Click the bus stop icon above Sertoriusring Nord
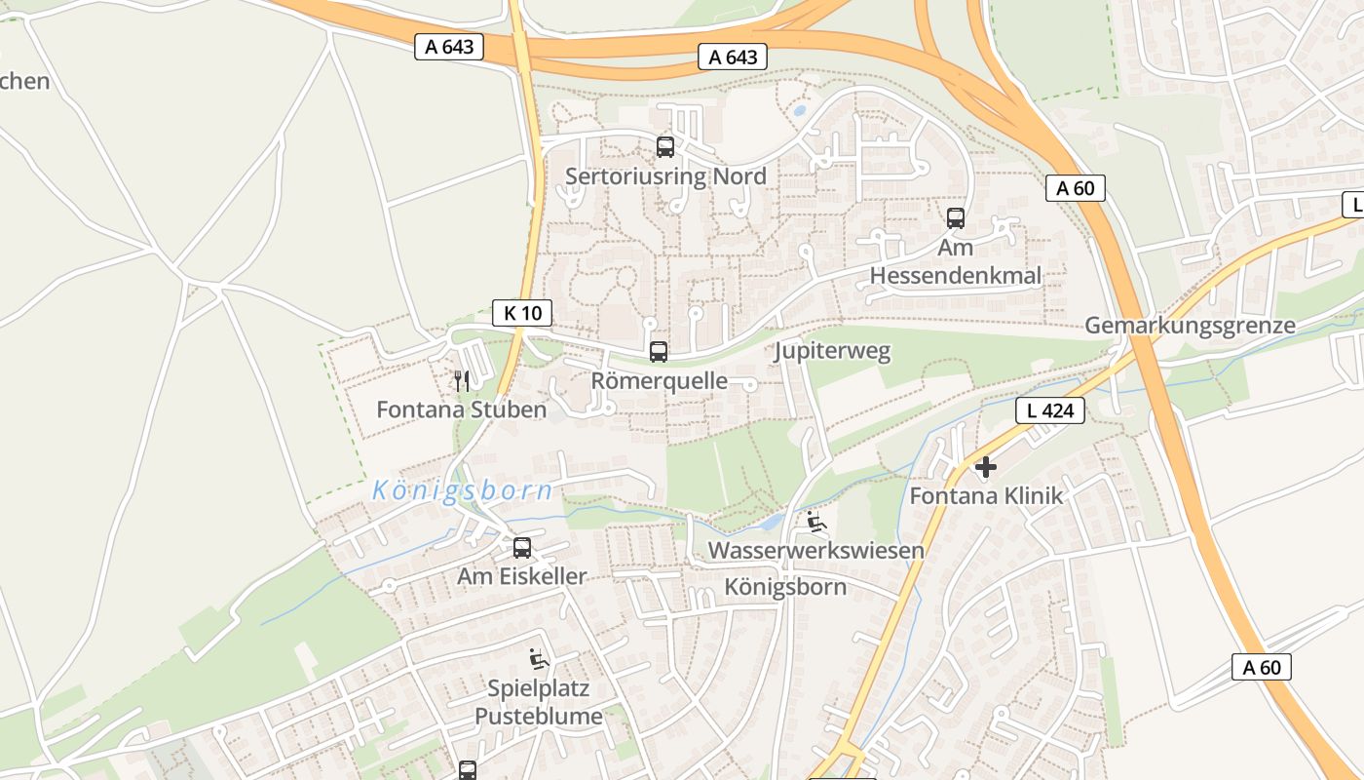(665, 147)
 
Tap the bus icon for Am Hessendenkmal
(956, 218)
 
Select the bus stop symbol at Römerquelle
(659, 352)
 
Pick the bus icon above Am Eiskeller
(522, 548)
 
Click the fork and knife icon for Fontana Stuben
(462, 380)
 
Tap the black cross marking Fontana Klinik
(986, 468)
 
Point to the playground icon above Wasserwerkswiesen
(816, 523)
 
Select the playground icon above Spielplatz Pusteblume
(539, 659)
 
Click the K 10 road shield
(522, 313)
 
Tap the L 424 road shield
(1050, 410)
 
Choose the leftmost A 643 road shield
(449, 46)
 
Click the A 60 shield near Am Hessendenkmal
(1076, 188)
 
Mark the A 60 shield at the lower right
(1262, 667)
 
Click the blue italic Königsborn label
(463, 490)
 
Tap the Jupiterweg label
(832, 351)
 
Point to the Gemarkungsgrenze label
(1190, 326)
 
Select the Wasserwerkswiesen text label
(815, 551)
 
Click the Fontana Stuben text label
(462, 409)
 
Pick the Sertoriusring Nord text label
(665, 176)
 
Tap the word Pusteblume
(539, 717)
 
